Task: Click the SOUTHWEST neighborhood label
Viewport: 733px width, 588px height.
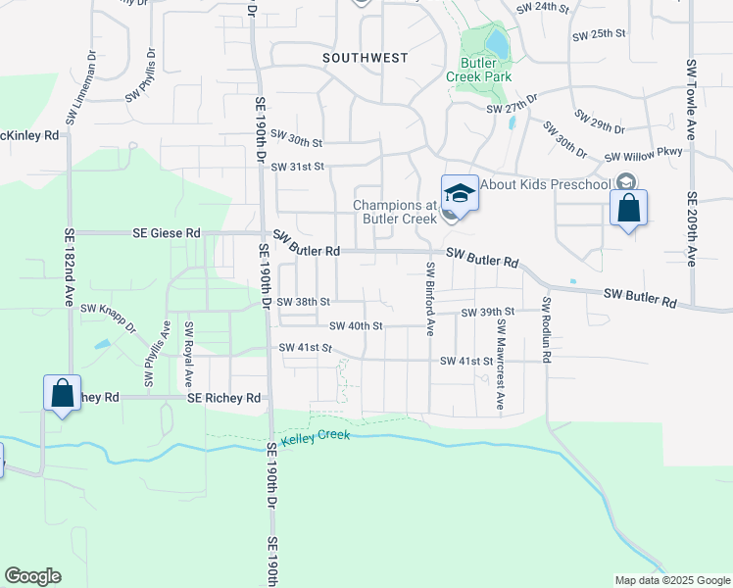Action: tap(366, 58)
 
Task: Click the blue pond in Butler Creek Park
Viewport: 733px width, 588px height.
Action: tap(497, 42)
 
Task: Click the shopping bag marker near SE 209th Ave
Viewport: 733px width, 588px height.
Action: tap(628, 209)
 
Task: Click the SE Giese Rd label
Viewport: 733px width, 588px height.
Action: tap(167, 233)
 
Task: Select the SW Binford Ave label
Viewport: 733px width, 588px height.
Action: tap(429, 298)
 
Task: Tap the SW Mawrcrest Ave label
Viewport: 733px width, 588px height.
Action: tap(500, 364)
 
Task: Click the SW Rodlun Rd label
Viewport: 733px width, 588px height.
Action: tap(547, 331)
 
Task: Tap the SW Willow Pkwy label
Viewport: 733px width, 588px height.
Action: tap(649, 156)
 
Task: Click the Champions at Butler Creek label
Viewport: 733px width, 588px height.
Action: tap(394, 212)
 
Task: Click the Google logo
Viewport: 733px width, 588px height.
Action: tap(32, 576)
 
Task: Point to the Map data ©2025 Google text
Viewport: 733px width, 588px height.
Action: tap(672, 580)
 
